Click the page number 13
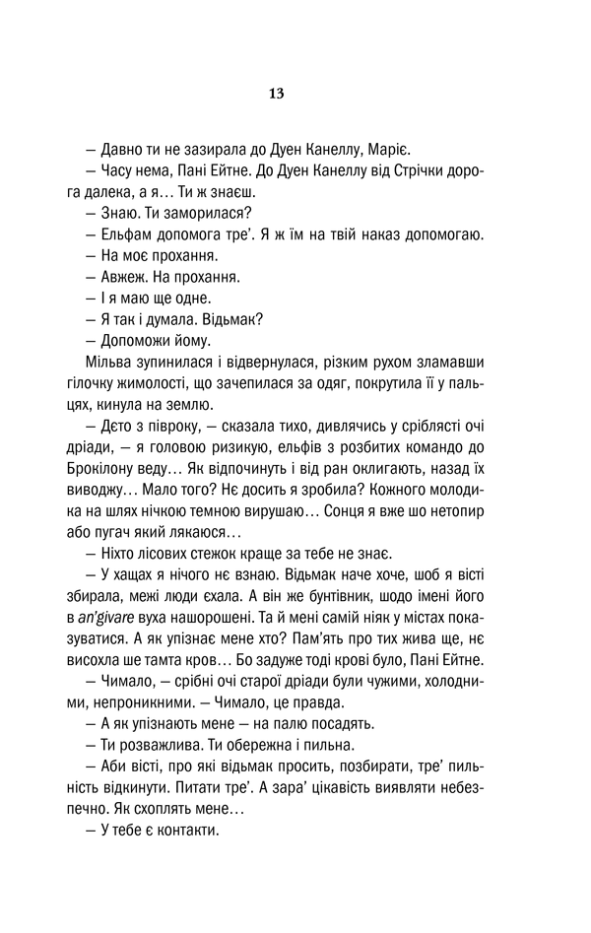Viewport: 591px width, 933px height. point(276,94)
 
